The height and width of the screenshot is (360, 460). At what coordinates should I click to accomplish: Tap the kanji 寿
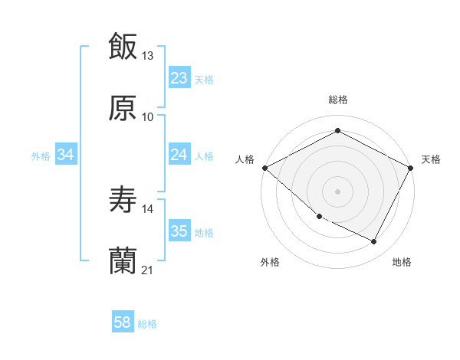coord(123,200)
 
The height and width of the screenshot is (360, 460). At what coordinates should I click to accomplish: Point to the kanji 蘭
coord(123,261)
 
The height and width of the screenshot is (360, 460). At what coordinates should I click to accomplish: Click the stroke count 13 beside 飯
coord(148,56)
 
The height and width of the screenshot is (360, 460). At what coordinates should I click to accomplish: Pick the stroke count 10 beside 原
coord(148,117)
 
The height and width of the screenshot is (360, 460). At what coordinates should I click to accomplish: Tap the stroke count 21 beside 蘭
coord(148,270)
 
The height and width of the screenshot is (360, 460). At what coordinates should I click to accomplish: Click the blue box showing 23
coord(179,78)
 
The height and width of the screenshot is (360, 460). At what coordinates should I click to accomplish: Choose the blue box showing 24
coord(179,155)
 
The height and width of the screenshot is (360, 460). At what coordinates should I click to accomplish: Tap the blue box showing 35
coord(179,231)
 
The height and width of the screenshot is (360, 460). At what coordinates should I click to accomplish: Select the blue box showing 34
coord(66,155)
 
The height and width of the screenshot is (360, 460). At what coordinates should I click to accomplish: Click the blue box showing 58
coord(123,322)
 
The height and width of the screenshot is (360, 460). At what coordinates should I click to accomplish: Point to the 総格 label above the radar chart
coord(338,100)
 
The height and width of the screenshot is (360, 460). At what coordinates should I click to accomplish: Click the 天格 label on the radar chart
coord(431,159)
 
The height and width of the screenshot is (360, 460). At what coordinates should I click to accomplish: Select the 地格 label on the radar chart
coord(402,262)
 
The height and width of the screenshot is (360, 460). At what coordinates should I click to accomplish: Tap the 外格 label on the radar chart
coord(270,262)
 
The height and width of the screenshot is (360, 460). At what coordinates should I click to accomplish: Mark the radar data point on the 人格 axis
coord(264,168)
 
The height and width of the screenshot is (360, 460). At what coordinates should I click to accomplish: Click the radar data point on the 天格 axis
coord(412,168)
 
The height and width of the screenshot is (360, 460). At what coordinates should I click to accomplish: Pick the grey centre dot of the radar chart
coord(337,191)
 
